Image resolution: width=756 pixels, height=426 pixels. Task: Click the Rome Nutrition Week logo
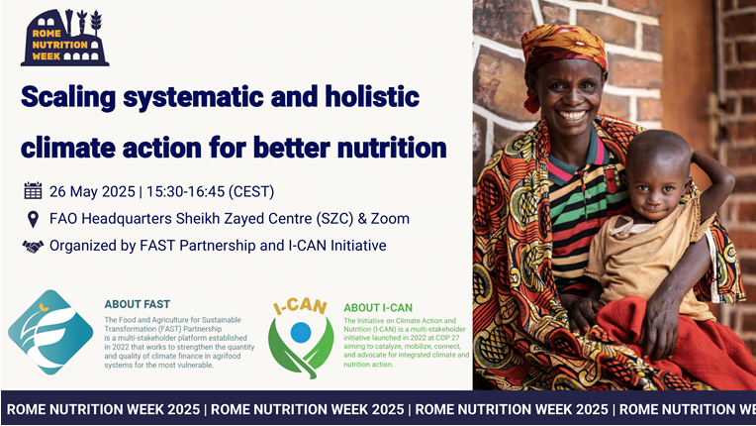[64, 38]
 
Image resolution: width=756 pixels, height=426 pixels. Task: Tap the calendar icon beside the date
[33, 191]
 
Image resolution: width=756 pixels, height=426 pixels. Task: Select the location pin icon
[33, 219]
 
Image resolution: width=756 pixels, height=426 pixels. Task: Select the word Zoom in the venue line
[388, 219]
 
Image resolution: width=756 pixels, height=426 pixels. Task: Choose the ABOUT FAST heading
[137, 304]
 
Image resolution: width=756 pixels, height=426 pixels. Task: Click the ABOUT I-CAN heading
[378, 308]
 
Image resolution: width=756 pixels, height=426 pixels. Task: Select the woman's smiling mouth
[572, 116]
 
